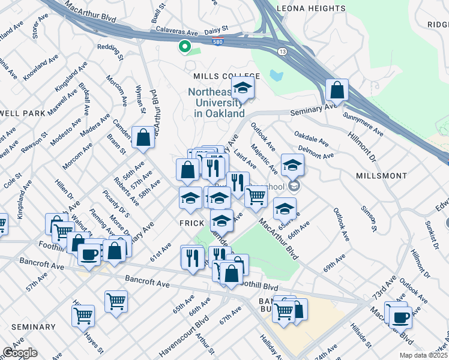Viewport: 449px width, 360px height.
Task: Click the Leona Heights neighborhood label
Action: (x=311, y=8)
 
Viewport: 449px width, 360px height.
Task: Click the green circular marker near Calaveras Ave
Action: (x=185, y=46)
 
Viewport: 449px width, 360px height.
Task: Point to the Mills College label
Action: (x=226, y=76)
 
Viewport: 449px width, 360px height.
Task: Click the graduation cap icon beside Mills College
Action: (x=243, y=89)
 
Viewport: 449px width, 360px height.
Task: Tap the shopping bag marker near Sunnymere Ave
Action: (x=337, y=91)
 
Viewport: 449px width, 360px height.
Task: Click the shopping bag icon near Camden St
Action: (x=144, y=137)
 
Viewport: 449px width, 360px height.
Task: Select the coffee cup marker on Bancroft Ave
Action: (x=89, y=254)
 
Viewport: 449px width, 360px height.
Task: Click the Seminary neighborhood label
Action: (x=33, y=327)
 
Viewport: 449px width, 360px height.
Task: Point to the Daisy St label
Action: (x=217, y=28)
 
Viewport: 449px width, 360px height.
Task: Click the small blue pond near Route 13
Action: (x=276, y=76)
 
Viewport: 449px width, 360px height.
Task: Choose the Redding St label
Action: (x=110, y=52)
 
